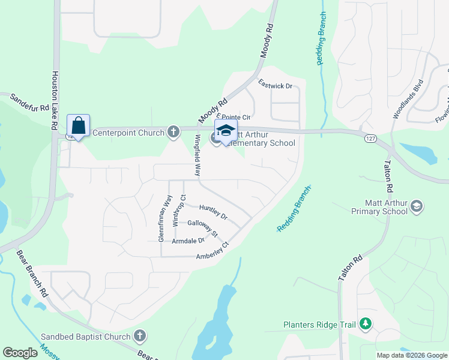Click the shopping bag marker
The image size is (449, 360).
(78, 126)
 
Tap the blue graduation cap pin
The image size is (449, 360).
(226, 131)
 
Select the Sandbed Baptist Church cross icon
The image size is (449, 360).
(140, 335)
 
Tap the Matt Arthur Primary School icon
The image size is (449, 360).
(417, 208)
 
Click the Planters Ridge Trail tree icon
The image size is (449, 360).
(365, 325)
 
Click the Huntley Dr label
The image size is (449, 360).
(213, 211)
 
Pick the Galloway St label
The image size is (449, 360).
(202, 227)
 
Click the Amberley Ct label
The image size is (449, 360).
(212, 251)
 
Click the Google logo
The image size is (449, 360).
(20, 353)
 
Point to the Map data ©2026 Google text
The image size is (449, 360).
(411, 355)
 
